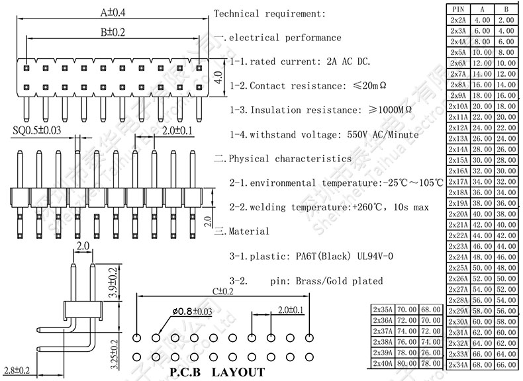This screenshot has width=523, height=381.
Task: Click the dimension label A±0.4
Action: [113, 12]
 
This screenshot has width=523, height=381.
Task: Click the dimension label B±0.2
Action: [113, 32]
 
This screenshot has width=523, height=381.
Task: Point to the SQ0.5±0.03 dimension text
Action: [37, 130]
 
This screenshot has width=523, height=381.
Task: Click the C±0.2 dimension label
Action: [223, 291]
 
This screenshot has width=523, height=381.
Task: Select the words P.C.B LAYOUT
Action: [216, 372]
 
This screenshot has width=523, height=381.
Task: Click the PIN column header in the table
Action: [457, 9]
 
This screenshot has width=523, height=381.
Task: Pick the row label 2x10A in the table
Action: [457, 106]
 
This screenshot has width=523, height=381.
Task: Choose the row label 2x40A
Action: [382, 364]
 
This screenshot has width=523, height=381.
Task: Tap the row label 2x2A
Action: [457, 21]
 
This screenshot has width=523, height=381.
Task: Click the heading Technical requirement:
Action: [270, 13]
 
